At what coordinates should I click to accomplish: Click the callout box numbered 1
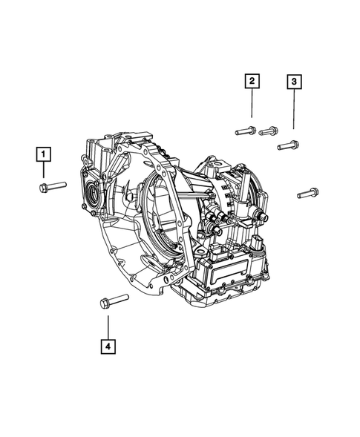[45, 154]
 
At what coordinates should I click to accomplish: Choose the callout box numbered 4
[108, 345]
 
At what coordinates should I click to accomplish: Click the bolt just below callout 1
[52, 186]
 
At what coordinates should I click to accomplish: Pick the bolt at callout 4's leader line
[114, 300]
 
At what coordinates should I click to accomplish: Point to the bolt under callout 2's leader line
[246, 131]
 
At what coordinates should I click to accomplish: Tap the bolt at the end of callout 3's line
[289, 145]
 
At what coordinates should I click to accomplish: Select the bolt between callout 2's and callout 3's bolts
[270, 131]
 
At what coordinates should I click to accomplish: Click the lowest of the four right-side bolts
[307, 193]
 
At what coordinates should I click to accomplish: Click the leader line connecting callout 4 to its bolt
[108, 325]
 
